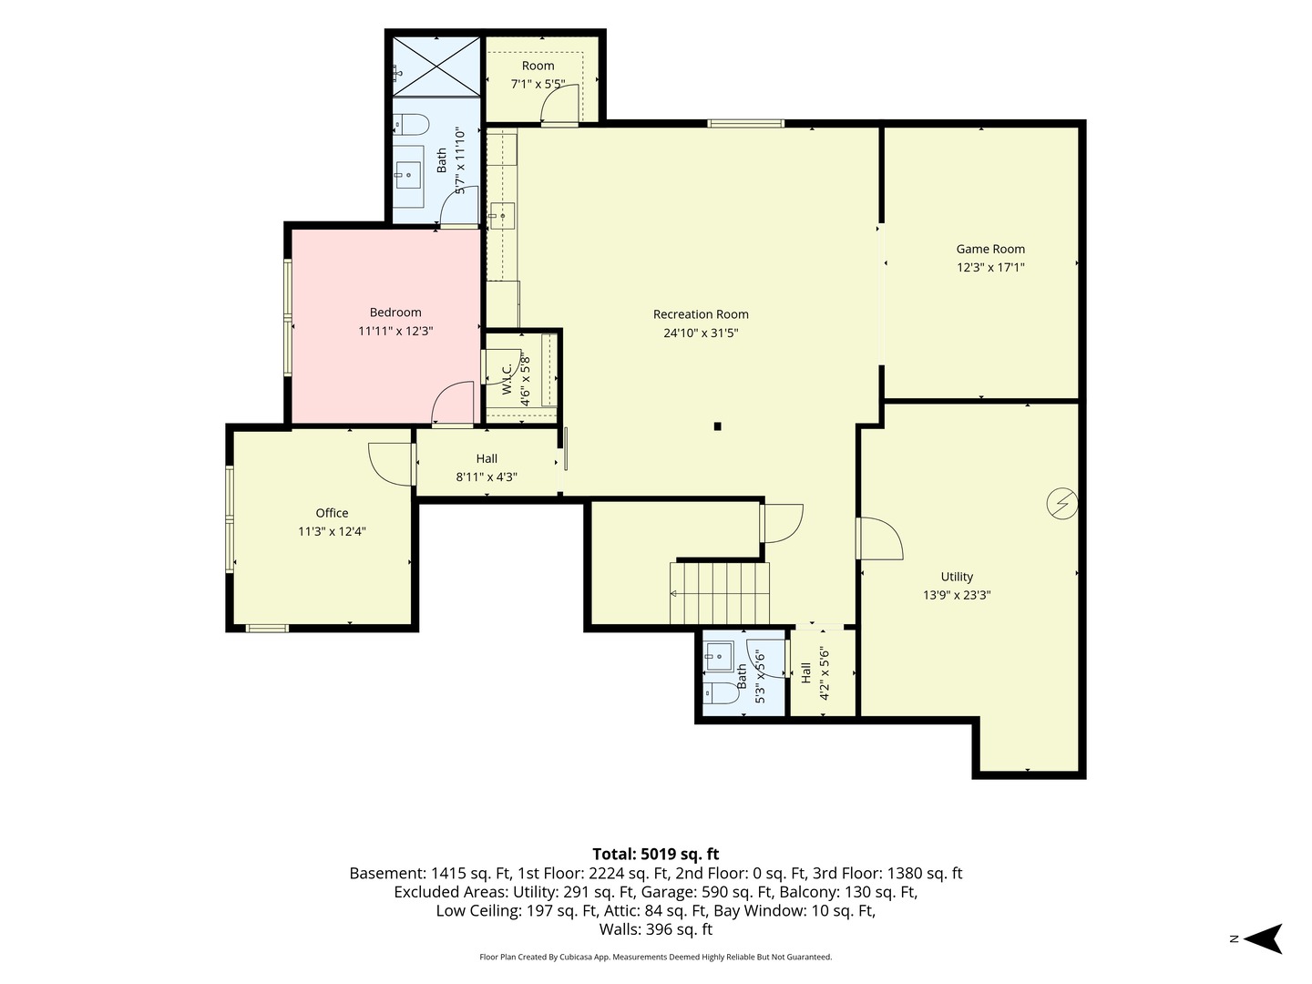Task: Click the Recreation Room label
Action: pyautogui.click(x=701, y=314)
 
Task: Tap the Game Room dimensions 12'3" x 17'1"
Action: pyautogui.click(x=990, y=267)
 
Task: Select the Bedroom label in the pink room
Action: pyautogui.click(x=395, y=312)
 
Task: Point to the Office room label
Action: pyautogui.click(x=332, y=513)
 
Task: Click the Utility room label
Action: pyautogui.click(x=957, y=577)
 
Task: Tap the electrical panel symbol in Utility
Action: pyautogui.click(x=1062, y=504)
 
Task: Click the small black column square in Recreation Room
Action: pyautogui.click(x=717, y=426)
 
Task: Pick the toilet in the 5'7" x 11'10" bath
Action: pyautogui.click(x=412, y=125)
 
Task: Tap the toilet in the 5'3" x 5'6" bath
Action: pyautogui.click(x=721, y=693)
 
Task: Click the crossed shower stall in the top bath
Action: pyautogui.click(x=436, y=66)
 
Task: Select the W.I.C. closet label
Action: pyautogui.click(x=507, y=379)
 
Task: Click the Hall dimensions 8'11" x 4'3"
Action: pyautogui.click(x=487, y=477)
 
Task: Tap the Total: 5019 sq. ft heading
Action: pyautogui.click(x=656, y=854)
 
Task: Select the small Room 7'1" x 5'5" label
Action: pyautogui.click(x=538, y=75)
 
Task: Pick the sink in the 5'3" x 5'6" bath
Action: pyautogui.click(x=719, y=656)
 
